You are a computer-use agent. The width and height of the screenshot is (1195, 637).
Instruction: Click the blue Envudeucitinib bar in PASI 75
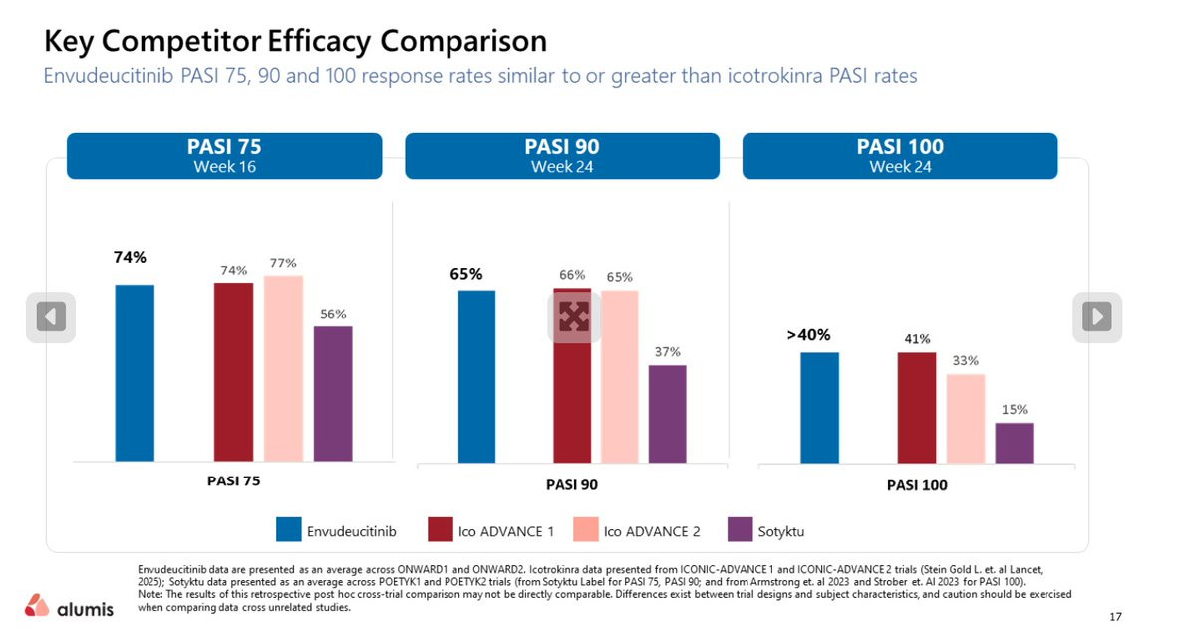pos(135,373)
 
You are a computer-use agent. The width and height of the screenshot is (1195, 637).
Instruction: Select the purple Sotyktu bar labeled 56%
pos(333,393)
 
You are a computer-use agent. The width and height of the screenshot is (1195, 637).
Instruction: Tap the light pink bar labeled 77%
pos(283,368)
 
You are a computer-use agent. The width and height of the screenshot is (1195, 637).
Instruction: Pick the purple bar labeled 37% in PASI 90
pos(667,414)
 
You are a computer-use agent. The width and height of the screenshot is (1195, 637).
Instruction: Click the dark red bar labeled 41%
pos(917,408)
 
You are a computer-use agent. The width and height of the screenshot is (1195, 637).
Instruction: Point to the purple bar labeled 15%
pos(1014,443)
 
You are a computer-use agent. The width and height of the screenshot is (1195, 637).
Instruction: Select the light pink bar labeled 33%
pos(965,419)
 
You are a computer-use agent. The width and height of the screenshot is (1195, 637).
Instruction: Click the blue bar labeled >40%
pos(819,408)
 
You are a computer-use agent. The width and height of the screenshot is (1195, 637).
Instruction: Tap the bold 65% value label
pos(465,274)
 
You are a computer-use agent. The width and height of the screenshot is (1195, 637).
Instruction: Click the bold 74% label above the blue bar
pos(130,257)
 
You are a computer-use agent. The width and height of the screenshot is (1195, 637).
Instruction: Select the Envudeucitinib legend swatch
pos(289,531)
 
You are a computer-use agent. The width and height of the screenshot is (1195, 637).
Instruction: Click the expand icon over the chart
pos(575,318)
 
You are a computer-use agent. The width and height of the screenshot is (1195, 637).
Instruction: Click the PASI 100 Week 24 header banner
pos(899,156)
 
